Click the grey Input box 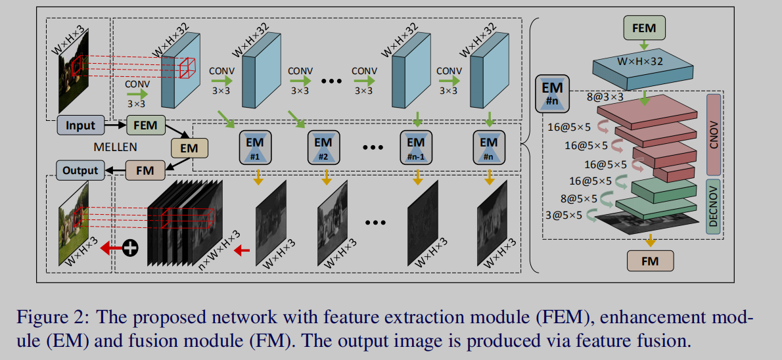pos(81,125)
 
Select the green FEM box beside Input pos(145,125)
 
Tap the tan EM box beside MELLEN pos(189,148)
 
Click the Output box pos(81,170)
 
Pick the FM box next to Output pos(145,171)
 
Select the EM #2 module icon pos(323,148)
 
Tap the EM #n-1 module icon pos(416,148)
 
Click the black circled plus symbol pos(131,248)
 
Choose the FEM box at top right pos(643,28)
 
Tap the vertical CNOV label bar pos(713,134)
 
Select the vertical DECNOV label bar pos(713,205)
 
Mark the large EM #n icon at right pos(553,91)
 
